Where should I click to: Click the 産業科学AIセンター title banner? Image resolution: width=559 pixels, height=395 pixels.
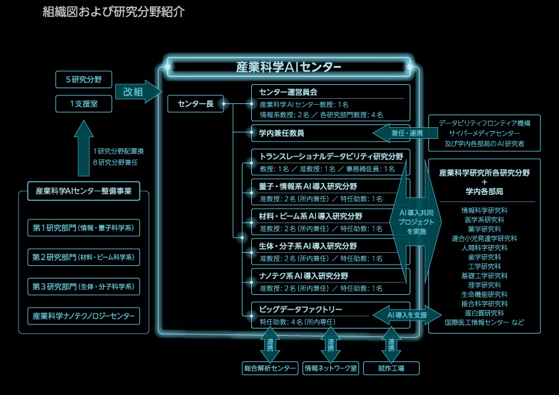pyautogui.click(x=289, y=67)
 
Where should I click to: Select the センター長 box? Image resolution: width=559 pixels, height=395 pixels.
pyautogui.click(x=196, y=103)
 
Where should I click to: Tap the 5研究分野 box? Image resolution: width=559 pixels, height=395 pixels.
pyautogui.click(x=84, y=80)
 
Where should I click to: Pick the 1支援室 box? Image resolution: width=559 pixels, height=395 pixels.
pyautogui.click(x=84, y=103)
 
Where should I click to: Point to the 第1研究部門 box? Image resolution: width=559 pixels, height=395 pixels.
pyautogui.click(x=84, y=228)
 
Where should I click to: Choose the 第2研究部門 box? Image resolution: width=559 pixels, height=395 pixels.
pyautogui.click(x=84, y=257)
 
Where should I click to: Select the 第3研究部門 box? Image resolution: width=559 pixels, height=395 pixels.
pyautogui.click(x=84, y=286)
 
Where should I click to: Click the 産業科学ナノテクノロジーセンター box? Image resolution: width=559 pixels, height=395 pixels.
pyautogui.click(x=84, y=316)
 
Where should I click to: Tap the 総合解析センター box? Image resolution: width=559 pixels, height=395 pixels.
pyautogui.click(x=270, y=369)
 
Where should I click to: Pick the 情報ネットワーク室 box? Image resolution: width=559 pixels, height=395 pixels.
pyautogui.click(x=331, y=369)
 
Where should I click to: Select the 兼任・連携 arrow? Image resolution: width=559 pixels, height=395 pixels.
pyautogui.click(x=401, y=133)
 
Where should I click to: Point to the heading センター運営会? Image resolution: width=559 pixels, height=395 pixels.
pyautogui.click(x=289, y=92)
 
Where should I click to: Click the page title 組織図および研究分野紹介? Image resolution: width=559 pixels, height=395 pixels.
pyautogui.click(x=113, y=13)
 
